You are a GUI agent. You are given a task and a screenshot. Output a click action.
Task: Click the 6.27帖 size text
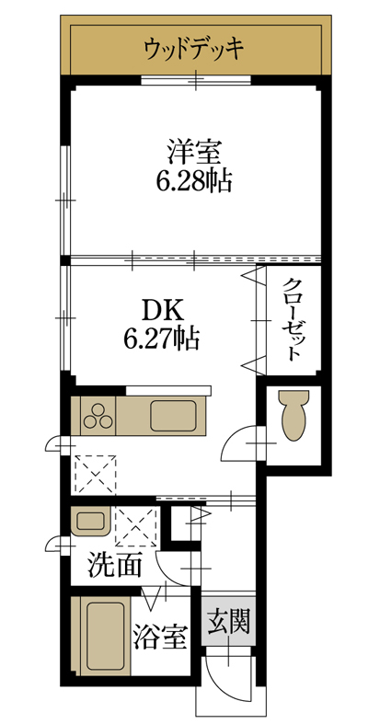(162, 338)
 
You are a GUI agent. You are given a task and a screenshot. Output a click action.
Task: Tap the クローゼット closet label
(292, 319)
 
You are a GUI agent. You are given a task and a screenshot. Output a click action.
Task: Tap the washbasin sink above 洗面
(92, 522)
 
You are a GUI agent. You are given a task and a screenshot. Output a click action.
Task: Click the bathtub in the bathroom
(104, 635)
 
